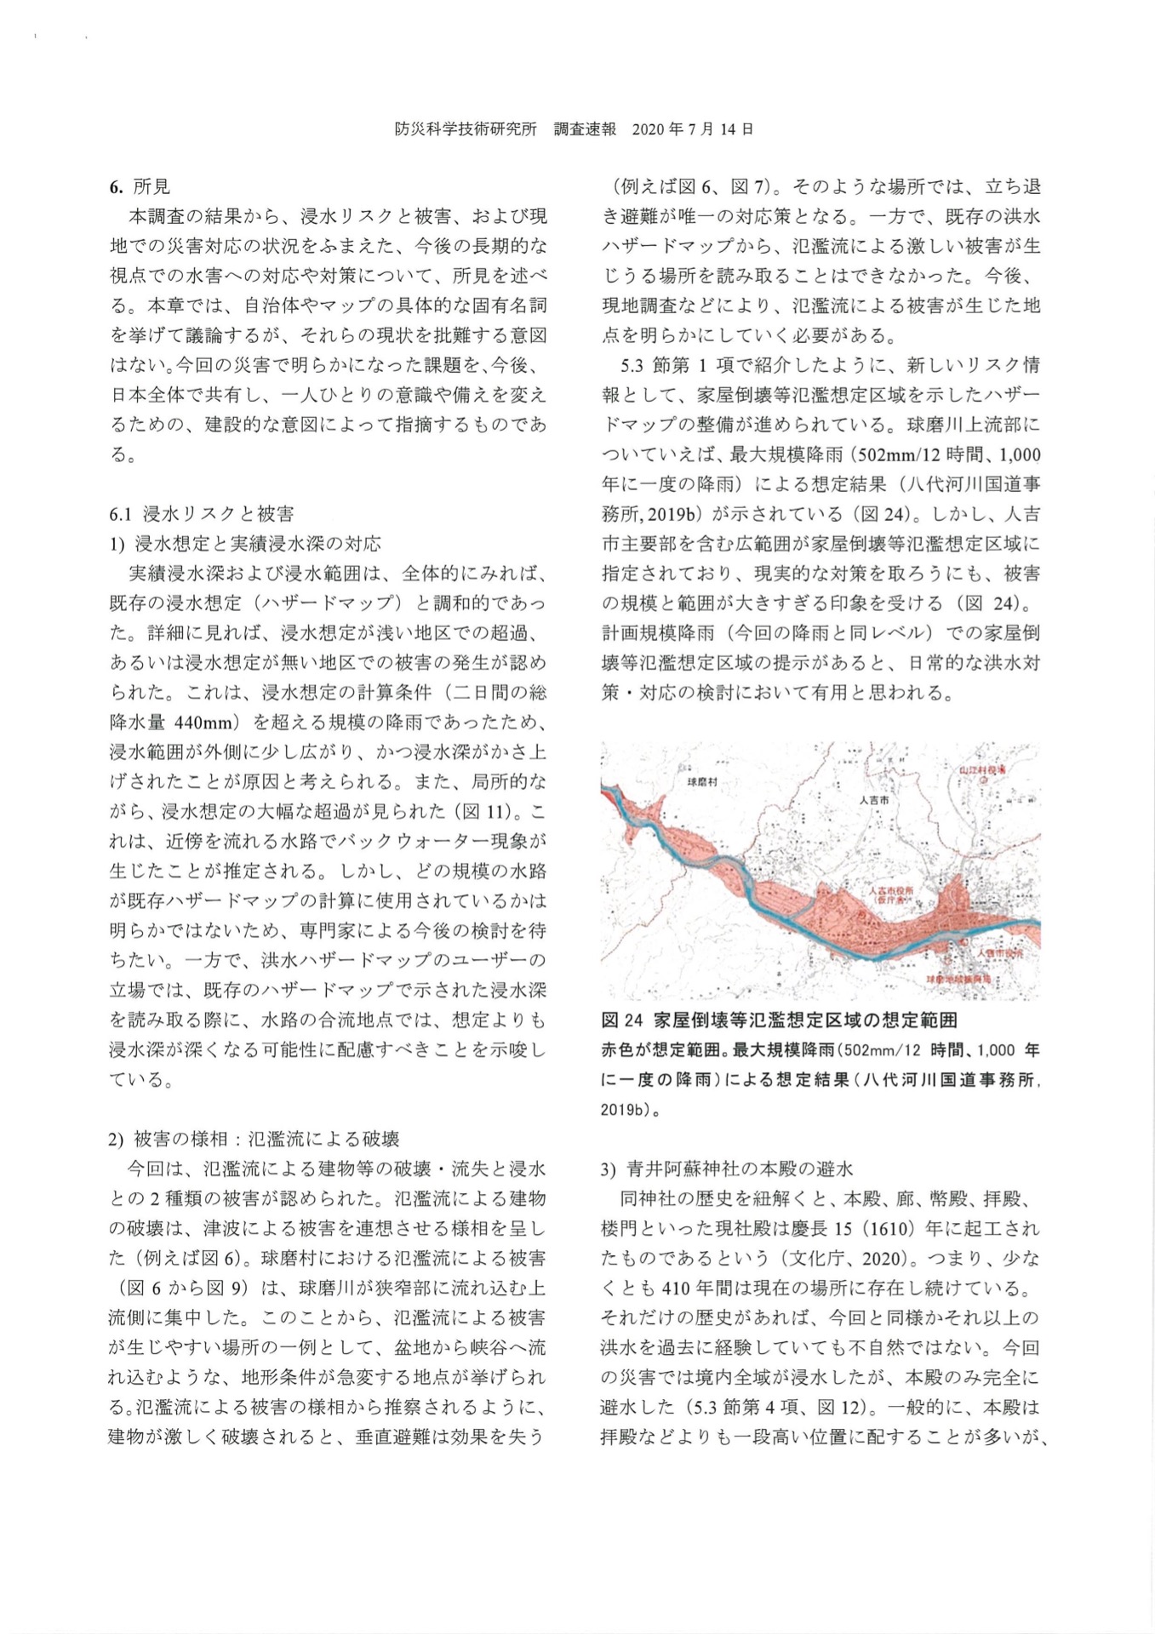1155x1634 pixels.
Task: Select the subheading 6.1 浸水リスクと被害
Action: point(201,514)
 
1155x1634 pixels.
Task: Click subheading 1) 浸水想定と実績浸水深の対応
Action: point(245,544)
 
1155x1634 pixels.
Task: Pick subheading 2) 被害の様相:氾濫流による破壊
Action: point(254,1139)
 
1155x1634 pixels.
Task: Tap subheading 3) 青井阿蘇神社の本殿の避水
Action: point(727,1168)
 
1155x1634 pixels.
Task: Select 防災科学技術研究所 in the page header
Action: point(466,129)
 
